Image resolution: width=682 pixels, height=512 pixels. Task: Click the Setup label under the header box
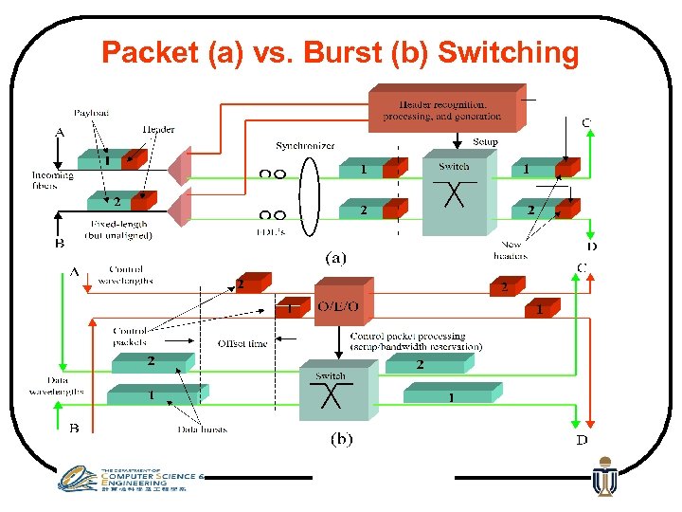[x=485, y=142]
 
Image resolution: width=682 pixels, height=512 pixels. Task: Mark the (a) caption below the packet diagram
[x=335, y=256]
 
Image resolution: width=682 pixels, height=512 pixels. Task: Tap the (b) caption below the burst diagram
[x=340, y=439]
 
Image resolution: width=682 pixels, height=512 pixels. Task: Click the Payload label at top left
[x=92, y=113]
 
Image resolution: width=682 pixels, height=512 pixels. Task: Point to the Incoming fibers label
[x=52, y=180]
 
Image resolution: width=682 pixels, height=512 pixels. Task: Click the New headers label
[x=511, y=250]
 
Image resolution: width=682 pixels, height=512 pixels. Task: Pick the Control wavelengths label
[x=125, y=275]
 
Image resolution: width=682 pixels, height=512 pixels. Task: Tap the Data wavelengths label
[x=56, y=386]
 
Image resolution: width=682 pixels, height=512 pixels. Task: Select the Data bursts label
[x=202, y=430]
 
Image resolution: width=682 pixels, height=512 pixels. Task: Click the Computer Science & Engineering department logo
[x=128, y=480]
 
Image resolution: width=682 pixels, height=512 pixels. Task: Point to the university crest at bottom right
[x=603, y=478]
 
